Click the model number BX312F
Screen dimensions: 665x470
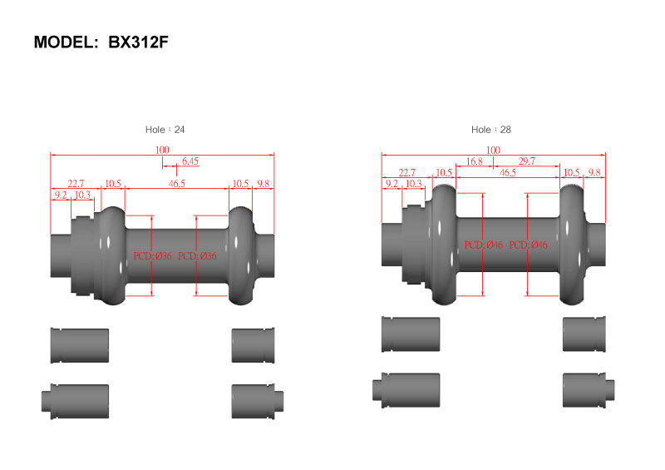138,42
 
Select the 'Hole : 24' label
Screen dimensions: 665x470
165,130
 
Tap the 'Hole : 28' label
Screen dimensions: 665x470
491,130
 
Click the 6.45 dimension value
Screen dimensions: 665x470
190,161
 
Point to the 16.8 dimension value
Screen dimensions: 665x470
474,161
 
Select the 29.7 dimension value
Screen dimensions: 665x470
526,161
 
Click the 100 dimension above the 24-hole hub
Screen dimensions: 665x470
162,150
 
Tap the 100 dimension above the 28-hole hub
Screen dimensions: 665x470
493,150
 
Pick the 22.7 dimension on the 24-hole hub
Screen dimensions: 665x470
76,183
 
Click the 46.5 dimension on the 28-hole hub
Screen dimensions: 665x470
508,172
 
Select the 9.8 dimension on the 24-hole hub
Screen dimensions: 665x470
263,183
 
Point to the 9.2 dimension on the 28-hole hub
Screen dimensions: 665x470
392,183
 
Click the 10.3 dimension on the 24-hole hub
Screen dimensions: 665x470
82,195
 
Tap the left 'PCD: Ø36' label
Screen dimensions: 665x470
153,256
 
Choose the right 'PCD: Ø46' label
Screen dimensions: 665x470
528,245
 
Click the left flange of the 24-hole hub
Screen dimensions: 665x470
112,255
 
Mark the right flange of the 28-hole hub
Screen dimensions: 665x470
572,245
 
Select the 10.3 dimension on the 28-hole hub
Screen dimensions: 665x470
413,183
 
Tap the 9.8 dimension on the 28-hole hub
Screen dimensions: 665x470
594,172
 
